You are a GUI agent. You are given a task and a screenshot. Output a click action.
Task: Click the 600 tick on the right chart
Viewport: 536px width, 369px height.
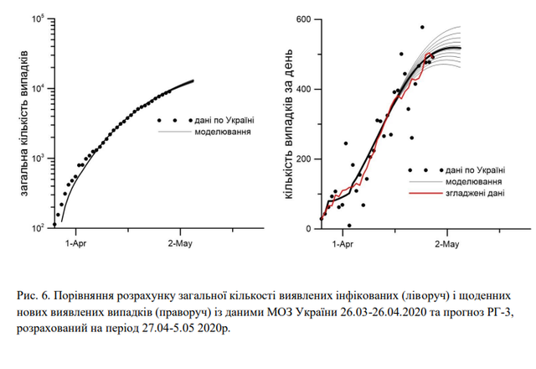[x=302, y=19]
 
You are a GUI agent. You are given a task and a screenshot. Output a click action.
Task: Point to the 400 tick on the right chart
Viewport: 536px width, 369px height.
[x=302, y=89]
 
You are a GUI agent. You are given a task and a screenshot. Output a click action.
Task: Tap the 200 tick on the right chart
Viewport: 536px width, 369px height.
[x=302, y=159]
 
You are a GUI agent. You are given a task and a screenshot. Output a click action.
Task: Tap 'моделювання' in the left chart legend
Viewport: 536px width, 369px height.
[x=225, y=132]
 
